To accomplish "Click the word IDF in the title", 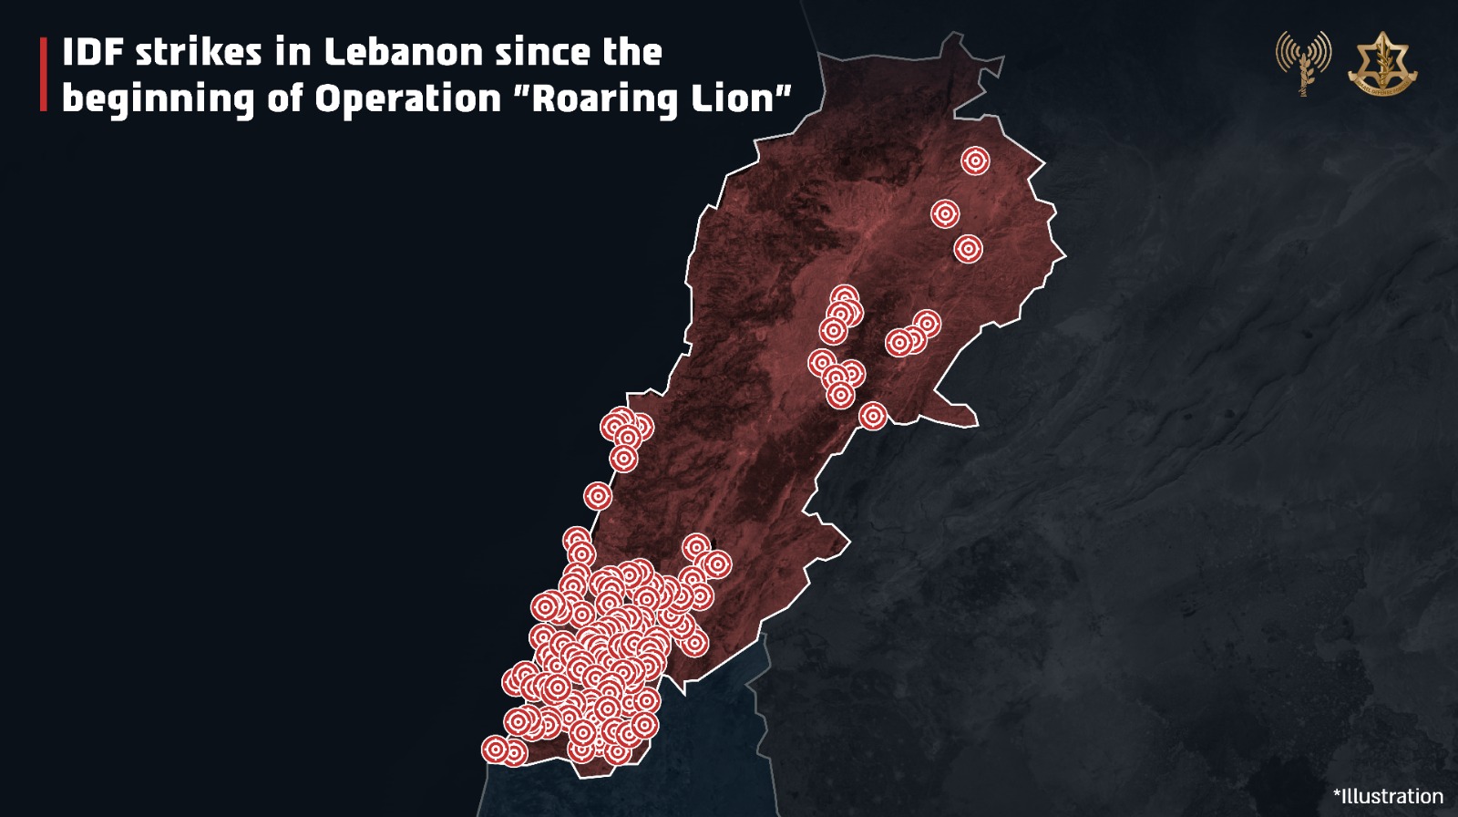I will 93,52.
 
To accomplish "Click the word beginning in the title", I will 158,99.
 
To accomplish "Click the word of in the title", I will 283,98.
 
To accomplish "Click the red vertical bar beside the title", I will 43,75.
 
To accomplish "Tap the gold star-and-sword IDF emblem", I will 1382,64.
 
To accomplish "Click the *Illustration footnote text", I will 1388,796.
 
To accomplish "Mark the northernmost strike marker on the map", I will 975,161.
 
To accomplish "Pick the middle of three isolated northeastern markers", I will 945,214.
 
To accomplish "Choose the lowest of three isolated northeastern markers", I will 968,248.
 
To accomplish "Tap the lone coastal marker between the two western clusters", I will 598,496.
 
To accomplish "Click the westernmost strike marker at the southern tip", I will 495,750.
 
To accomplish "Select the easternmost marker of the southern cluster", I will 717,564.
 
